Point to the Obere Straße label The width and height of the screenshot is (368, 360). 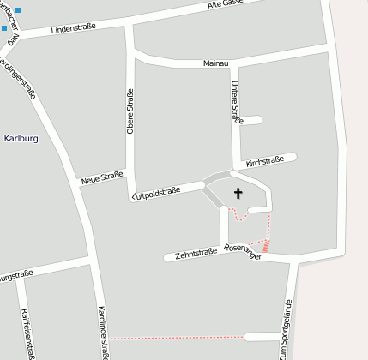click(x=130, y=111)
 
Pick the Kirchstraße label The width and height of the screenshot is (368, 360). click(x=264, y=161)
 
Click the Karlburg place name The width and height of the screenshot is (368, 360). click(x=21, y=137)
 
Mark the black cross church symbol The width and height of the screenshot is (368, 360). click(x=238, y=195)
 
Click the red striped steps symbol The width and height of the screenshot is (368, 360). click(x=267, y=246)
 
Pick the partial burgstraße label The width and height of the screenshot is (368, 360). click(x=15, y=276)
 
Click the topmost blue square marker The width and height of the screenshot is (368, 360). click(x=18, y=9)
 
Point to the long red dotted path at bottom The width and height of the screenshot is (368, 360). click(x=176, y=338)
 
